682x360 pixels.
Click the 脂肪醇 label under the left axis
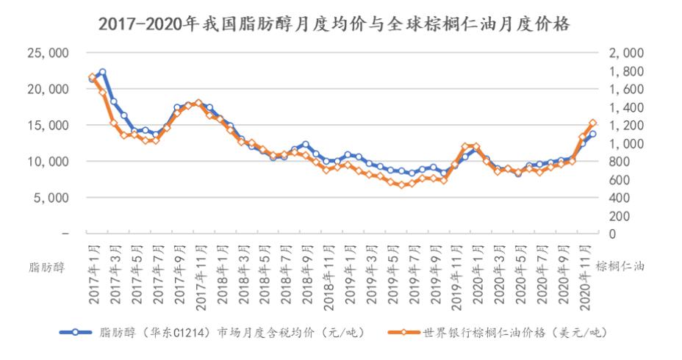click(x=46, y=267)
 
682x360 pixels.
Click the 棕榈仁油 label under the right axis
click(x=620, y=267)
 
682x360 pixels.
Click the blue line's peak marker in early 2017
click(x=103, y=72)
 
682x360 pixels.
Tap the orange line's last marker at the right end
click(x=593, y=123)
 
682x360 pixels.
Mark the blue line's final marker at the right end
click(x=593, y=134)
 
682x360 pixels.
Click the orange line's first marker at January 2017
click(x=92, y=77)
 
